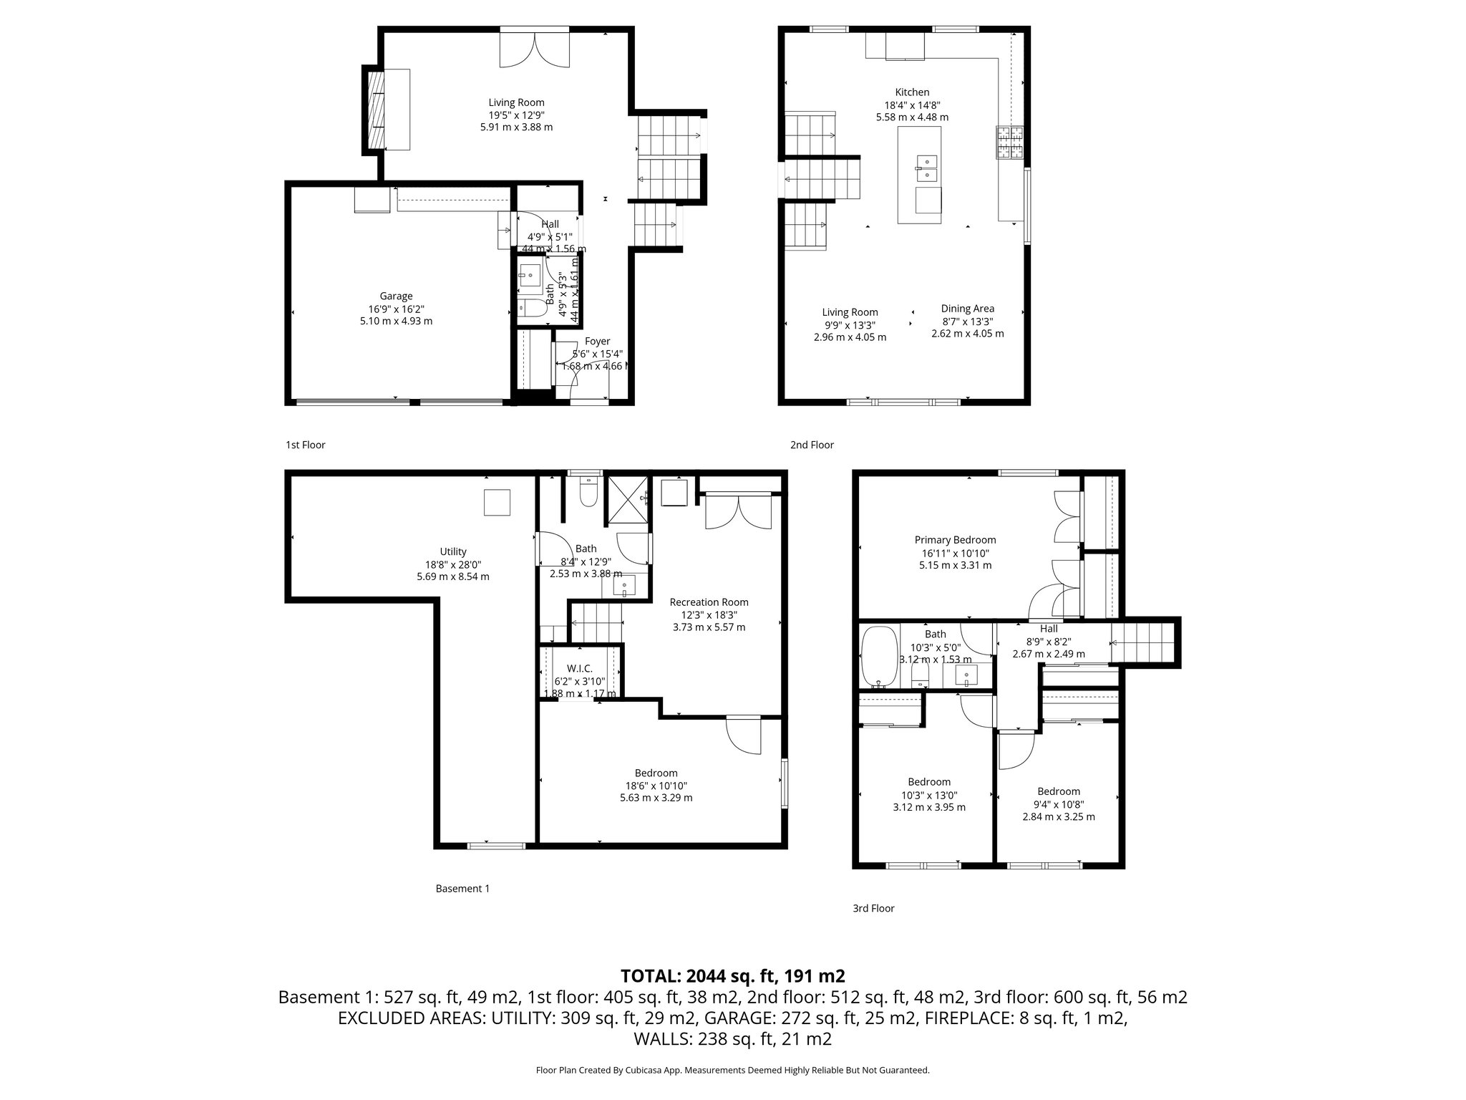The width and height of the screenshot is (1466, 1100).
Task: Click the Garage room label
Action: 396,296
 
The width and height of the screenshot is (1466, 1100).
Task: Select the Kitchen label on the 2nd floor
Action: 912,92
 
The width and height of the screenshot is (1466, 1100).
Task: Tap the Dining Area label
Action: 967,309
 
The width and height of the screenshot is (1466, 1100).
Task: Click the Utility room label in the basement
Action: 453,551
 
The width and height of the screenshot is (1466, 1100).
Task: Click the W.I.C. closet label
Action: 580,669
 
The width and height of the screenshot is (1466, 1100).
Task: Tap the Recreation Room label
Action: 709,602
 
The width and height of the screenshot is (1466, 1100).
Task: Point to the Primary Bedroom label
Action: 955,540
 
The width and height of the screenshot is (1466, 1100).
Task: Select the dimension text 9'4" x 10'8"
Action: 1059,804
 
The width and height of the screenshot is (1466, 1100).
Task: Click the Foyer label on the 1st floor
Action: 597,342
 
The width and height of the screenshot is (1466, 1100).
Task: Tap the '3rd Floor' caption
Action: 873,908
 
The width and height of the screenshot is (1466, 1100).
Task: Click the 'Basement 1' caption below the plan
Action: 462,889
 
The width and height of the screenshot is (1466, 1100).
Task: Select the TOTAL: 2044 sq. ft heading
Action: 732,975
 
